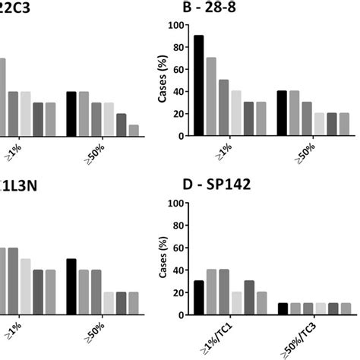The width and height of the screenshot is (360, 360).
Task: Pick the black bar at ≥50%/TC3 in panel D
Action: point(282,309)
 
